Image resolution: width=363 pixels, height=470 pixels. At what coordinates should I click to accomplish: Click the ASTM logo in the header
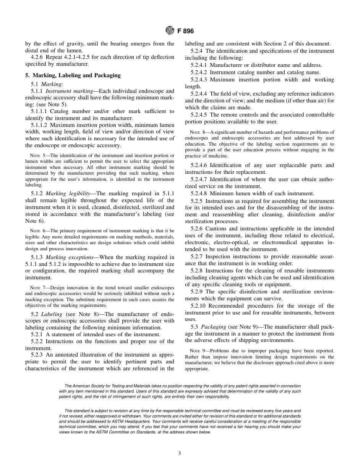pos(170,31)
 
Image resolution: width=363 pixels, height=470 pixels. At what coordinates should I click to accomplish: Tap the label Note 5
pos(37,156)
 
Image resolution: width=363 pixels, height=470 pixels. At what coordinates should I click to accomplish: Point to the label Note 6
pos(37,231)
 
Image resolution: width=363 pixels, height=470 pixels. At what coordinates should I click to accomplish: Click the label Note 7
pos(37,288)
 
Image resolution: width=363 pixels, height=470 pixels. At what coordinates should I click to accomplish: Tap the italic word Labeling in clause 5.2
pos(52,314)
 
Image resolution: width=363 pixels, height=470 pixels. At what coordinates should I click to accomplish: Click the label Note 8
pos(197,132)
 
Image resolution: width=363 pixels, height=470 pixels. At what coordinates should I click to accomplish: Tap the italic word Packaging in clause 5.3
pos(213,327)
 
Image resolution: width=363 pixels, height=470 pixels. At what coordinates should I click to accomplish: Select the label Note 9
pos(197,351)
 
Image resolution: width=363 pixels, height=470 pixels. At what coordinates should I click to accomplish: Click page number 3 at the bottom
pos(180,454)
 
